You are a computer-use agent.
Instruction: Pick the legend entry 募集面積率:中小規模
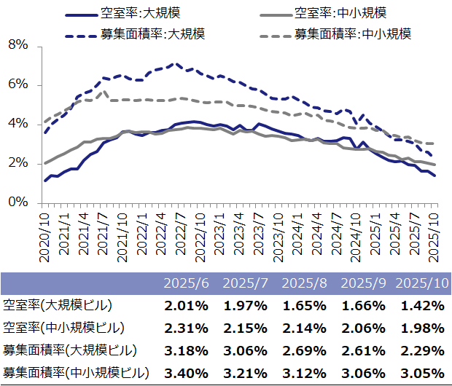(353, 34)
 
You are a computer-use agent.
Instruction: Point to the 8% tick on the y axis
(17, 45)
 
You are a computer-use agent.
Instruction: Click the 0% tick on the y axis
(17, 202)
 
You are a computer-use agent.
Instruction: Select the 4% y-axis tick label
(17, 124)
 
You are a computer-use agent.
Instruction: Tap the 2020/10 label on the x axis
(44, 232)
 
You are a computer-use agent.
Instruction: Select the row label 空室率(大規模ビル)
(58, 305)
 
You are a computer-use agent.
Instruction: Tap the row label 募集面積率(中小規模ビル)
(76, 374)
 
